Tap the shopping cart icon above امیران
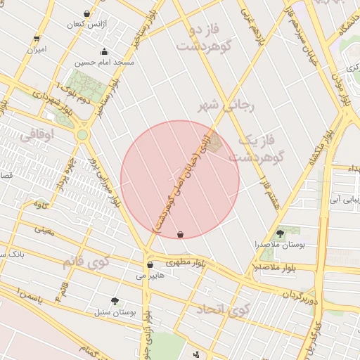click(x=37, y=38)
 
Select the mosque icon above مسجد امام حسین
click(x=105, y=51)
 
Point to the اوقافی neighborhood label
click(x=37, y=134)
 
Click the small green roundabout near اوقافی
click(x=82, y=134)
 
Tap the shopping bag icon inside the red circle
click(x=181, y=234)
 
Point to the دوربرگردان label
click(x=300, y=300)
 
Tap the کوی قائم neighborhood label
click(x=85, y=263)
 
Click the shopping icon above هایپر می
click(x=150, y=264)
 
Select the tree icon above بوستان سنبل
click(x=115, y=301)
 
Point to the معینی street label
click(x=44, y=229)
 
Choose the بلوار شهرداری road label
click(x=51, y=100)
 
